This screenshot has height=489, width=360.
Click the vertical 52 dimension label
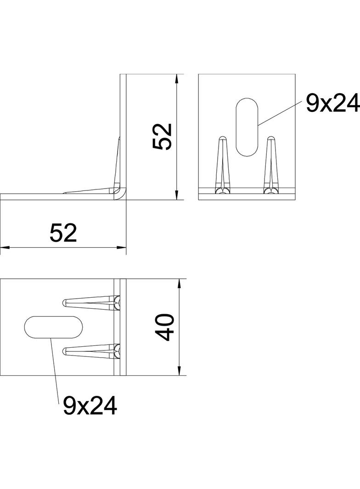[163, 137]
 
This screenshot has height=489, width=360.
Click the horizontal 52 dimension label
[63, 233]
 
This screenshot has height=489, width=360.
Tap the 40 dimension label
[165, 327]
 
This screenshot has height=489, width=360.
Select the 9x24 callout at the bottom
[90, 406]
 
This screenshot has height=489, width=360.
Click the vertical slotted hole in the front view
[247, 127]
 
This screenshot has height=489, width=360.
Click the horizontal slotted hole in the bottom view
[54, 327]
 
